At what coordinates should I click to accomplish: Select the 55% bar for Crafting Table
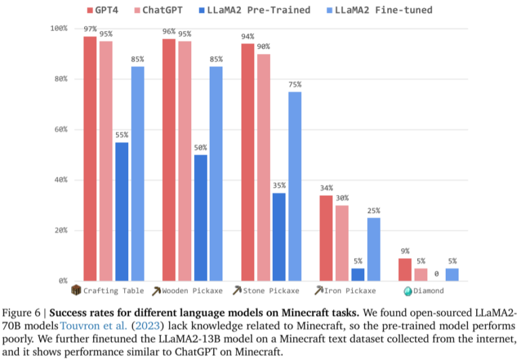(121, 211)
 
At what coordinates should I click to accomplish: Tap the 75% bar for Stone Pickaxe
(294, 186)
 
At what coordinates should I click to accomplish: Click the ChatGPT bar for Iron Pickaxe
(342, 243)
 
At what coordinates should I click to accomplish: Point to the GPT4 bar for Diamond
(405, 269)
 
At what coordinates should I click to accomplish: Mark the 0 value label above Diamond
(436, 274)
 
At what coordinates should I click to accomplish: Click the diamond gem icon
(408, 291)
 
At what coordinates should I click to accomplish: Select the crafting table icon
(76, 291)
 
